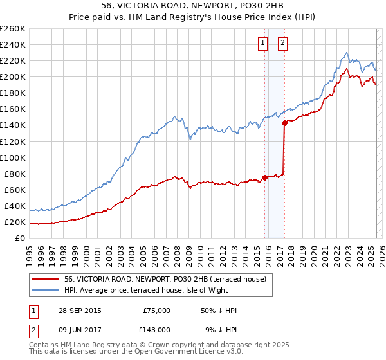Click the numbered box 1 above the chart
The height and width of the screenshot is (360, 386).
[x=263, y=44]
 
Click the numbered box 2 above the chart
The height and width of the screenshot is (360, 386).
[x=282, y=44]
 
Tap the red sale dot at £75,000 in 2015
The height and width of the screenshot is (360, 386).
[x=265, y=177]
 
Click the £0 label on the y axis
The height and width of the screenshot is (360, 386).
[x=19, y=239]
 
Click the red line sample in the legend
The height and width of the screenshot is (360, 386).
[x=46, y=279]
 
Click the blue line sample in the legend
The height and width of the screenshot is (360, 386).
[x=46, y=290]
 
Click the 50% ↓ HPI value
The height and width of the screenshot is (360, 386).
[x=218, y=310]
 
